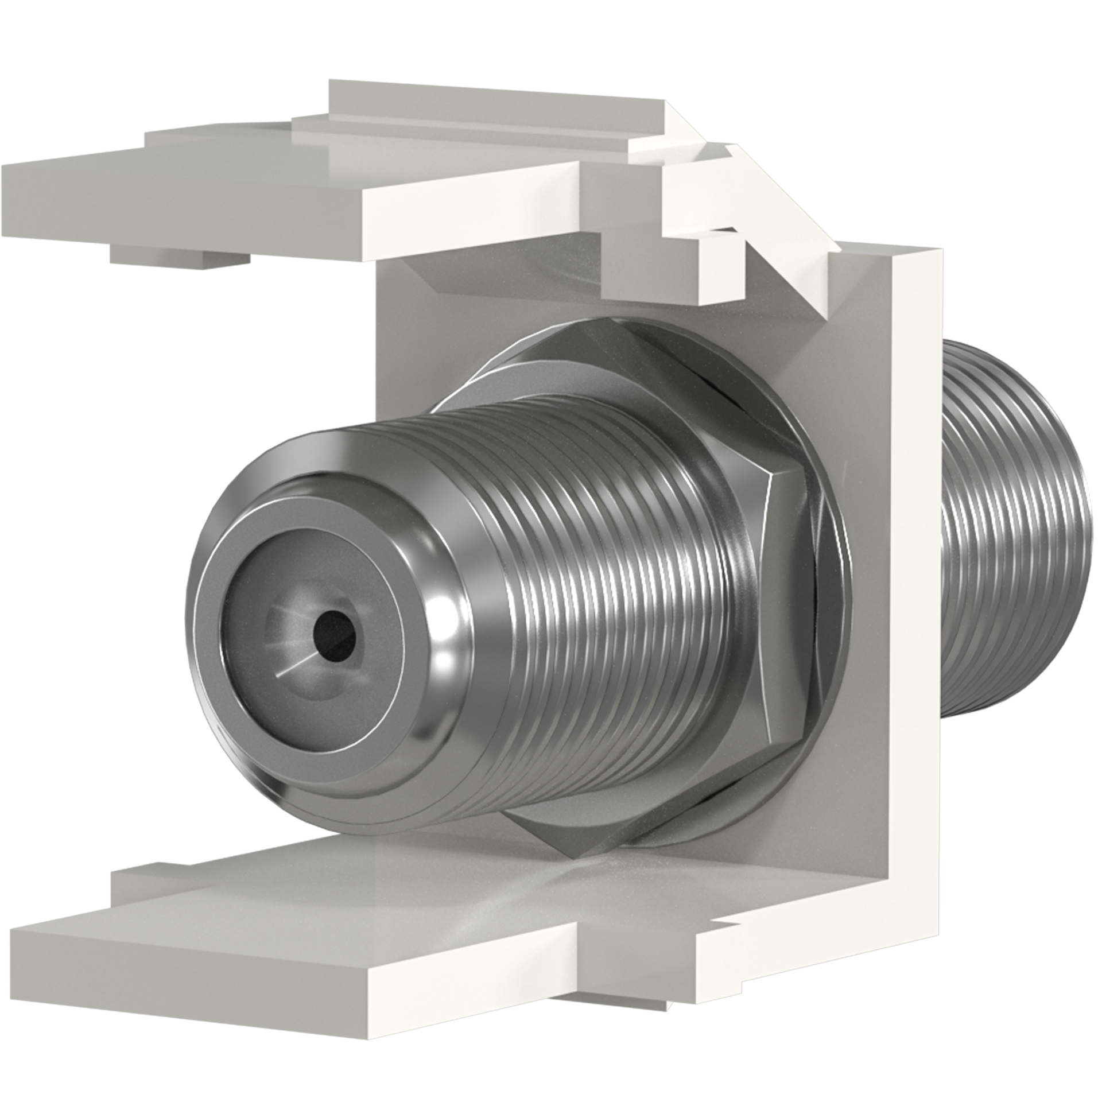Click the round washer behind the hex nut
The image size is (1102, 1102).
pyautogui.click(x=826, y=574)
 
